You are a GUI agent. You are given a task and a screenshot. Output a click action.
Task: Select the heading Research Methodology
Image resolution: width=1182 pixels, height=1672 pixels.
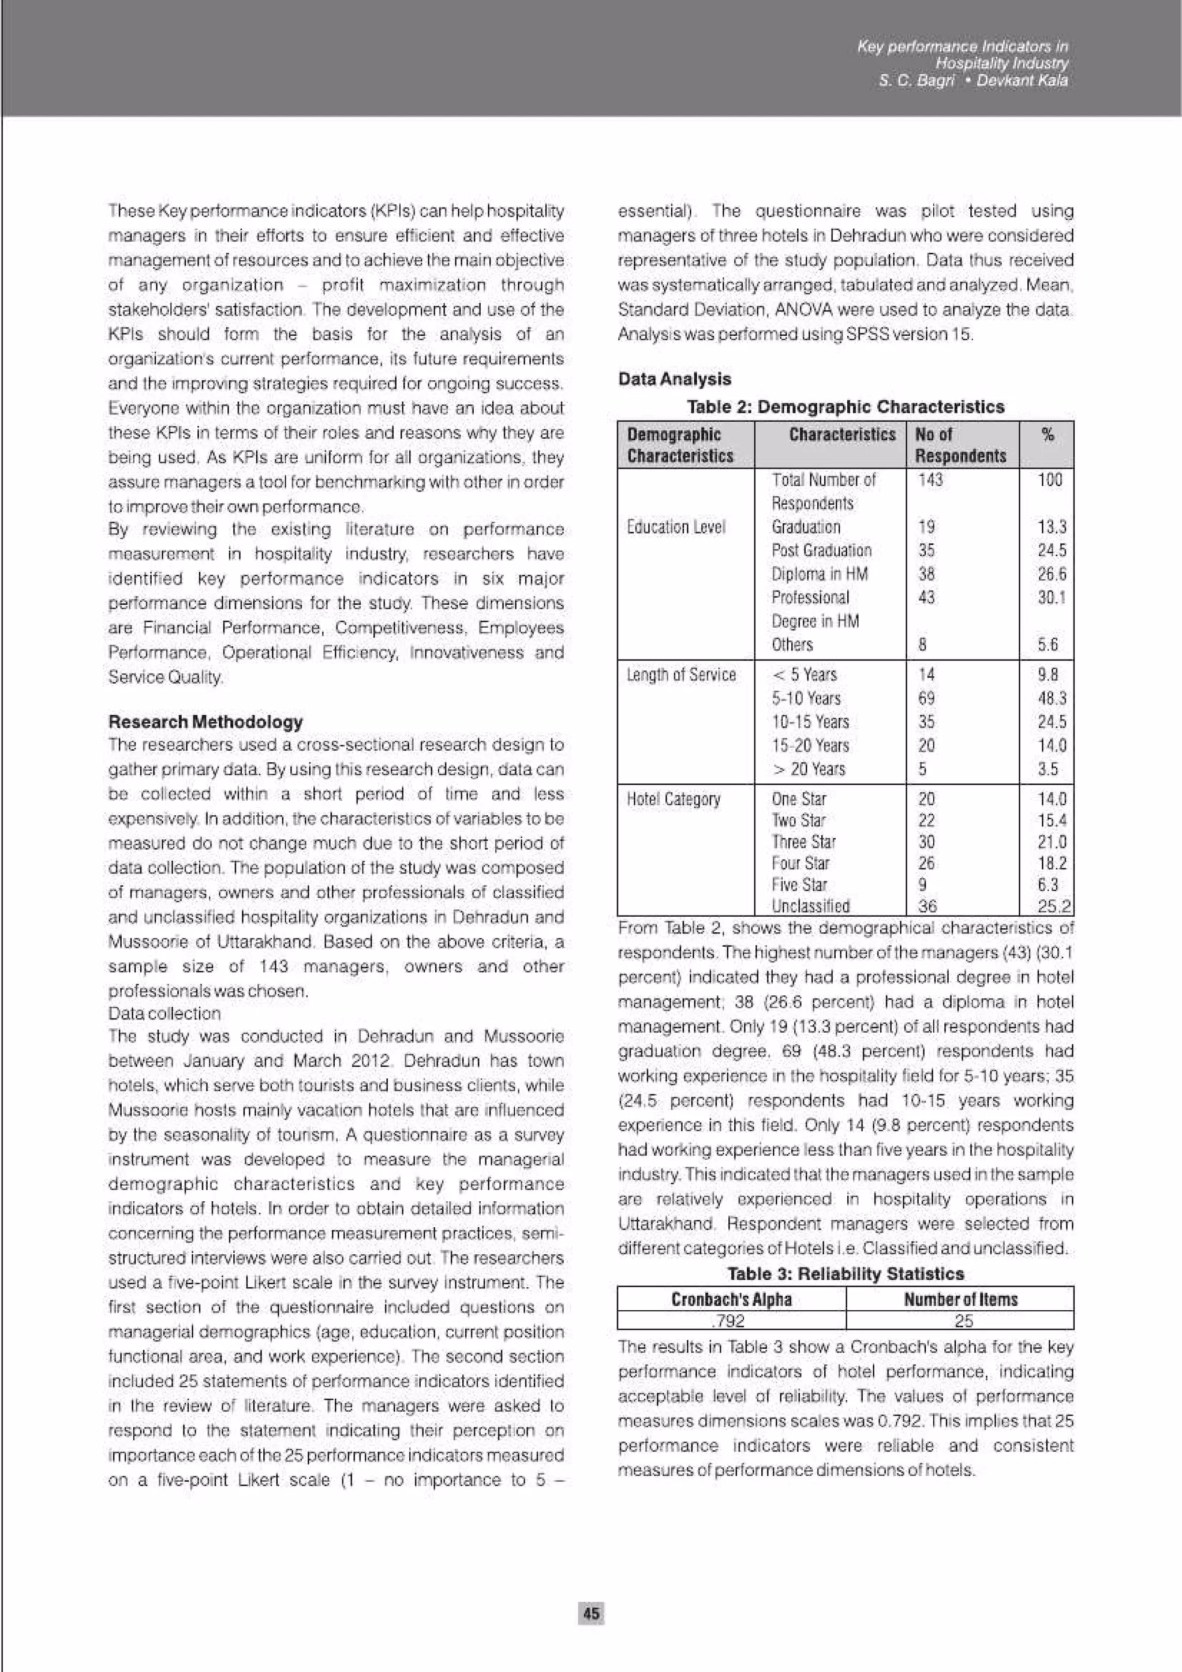(205, 722)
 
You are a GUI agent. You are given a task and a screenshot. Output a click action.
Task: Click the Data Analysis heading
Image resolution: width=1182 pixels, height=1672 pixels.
(674, 378)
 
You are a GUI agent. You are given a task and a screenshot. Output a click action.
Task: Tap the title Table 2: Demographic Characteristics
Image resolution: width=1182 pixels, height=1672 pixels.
(846, 406)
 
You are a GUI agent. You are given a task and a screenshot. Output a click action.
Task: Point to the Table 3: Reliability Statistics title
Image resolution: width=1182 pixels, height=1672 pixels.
(846, 1274)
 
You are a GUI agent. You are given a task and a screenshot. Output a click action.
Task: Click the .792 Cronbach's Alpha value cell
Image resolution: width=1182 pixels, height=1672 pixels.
(731, 1320)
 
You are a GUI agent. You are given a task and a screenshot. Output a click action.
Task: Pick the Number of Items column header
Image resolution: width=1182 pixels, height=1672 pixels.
(960, 1299)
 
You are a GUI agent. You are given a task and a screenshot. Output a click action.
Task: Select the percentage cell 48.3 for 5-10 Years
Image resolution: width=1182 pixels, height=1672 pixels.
(1052, 698)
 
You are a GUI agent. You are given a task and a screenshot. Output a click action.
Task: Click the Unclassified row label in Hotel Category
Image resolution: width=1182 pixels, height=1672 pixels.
(810, 906)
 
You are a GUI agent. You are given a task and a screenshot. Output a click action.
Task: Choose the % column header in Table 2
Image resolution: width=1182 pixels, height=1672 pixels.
(1048, 436)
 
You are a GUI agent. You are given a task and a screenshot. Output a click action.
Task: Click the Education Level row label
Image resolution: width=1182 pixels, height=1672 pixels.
(676, 527)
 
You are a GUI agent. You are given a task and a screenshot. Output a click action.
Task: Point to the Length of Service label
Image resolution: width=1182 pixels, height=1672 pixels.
(681, 675)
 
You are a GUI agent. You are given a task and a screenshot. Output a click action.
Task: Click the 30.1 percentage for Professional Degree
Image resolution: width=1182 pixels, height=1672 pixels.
(1052, 597)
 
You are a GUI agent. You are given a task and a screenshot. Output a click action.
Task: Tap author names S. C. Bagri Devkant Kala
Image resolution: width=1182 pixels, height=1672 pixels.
(973, 81)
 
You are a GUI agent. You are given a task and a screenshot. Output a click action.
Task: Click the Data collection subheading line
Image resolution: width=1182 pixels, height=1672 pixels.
(164, 1014)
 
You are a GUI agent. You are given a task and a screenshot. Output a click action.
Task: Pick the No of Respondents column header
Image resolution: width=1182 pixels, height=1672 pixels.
(960, 445)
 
